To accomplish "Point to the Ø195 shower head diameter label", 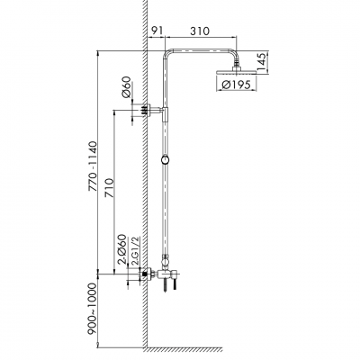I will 237,86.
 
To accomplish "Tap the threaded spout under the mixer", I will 166,290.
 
